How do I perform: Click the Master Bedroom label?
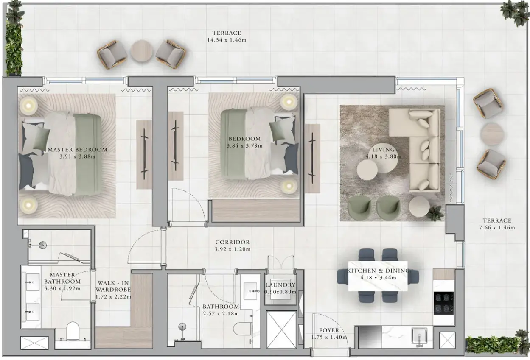[78, 150]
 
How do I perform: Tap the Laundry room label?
[280, 285]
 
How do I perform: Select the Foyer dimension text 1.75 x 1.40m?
[329, 337]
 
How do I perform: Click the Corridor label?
[233, 242]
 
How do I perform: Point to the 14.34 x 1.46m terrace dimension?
[227, 40]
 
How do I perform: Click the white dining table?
[378, 276]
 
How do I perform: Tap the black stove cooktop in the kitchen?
[443, 303]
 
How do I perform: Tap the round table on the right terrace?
[492, 134]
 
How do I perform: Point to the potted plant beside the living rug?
[436, 213]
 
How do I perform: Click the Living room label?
[384, 150]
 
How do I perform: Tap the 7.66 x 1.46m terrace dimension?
[497, 228]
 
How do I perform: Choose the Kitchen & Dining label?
[378, 271]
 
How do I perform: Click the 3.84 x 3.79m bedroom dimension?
[244, 145]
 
